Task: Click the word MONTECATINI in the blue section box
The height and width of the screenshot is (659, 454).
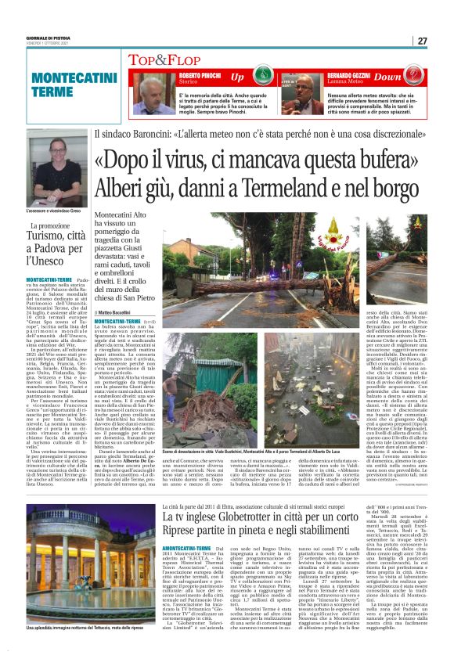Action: [x=69, y=79]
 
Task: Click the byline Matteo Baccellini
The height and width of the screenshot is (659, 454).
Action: [x=121, y=311]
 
